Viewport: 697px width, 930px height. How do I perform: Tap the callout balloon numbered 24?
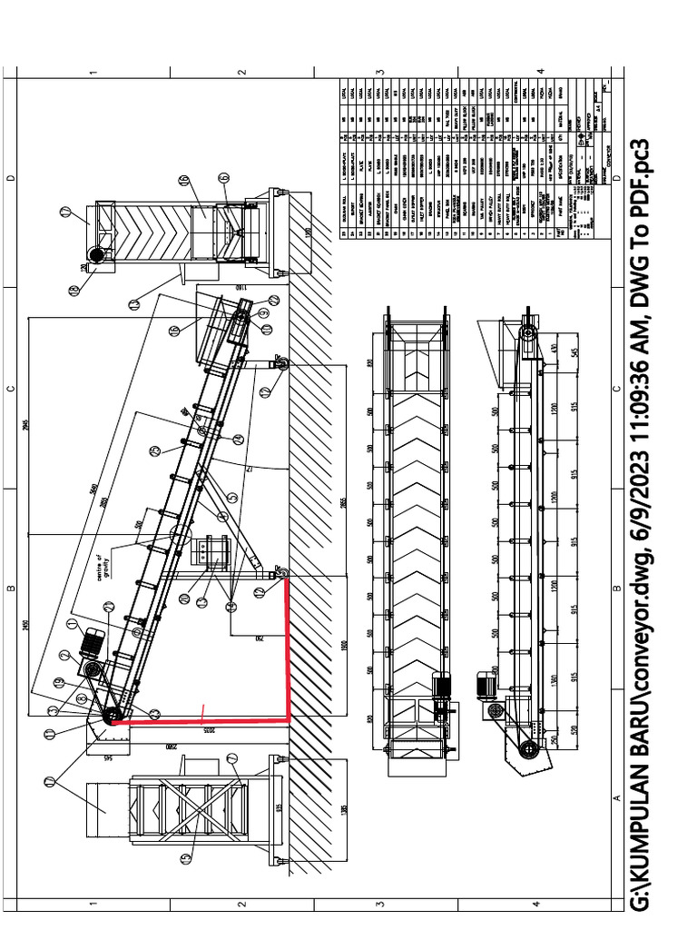point(238,439)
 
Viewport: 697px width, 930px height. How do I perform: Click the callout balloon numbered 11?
point(48,733)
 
